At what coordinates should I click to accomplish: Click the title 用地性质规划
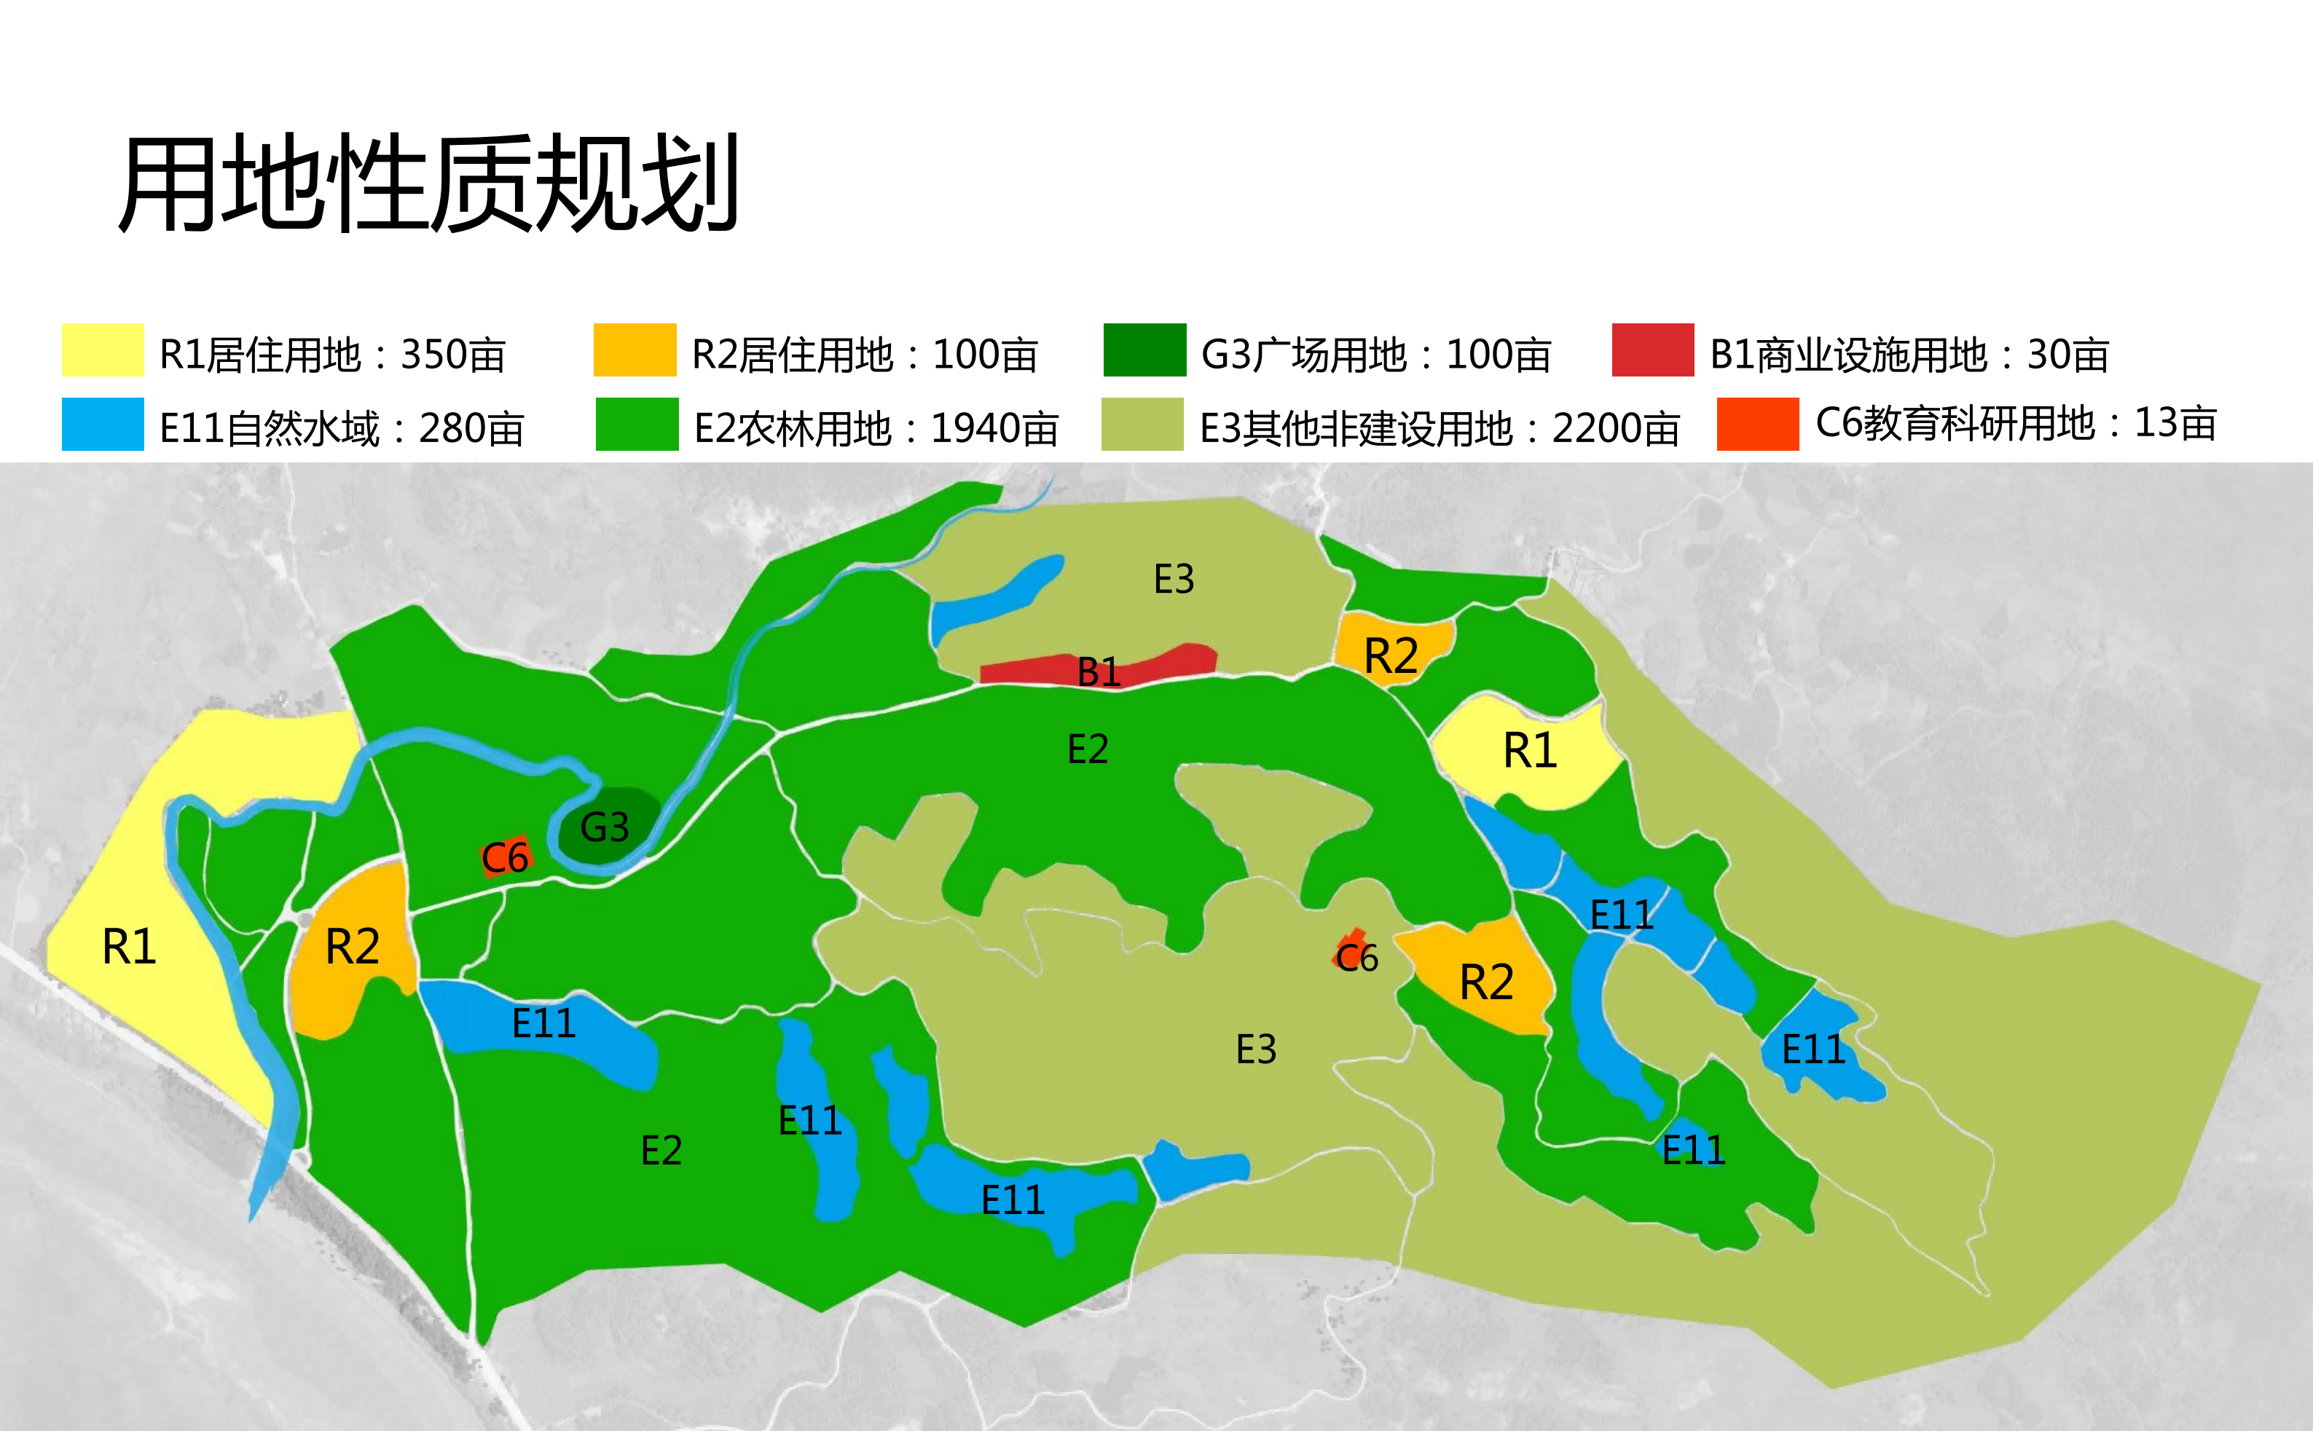pyautogui.click(x=428, y=184)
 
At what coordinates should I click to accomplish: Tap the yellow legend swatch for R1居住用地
pyautogui.click(x=102, y=350)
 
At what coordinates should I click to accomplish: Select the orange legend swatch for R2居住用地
pyautogui.click(x=635, y=350)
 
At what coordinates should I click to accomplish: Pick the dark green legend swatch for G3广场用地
pyautogui.click(x=1144, y=350)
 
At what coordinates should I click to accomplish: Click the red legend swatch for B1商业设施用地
pyautogui.click(x=1652, y=350)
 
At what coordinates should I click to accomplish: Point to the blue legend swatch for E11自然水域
pyautogui.click(x=102, y=424)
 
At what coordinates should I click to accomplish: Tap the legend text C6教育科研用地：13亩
pyautogui.click(x=2016, y=423)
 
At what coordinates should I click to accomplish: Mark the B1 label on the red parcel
pyautogui.click(x=1099, y=672)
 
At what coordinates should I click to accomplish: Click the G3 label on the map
pyautogui.click(x=604, y=827)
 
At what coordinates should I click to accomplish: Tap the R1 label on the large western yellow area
pyautogui.click(x=129, y=947)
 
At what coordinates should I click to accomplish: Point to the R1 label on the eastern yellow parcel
pyautogui.click(x=1530, y=751)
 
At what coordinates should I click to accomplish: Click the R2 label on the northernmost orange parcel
pyautogui.click(x=1391, y=656)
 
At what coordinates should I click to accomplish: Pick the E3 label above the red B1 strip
pyautogui.click(x=1174, y=579)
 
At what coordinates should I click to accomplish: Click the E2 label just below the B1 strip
pyautogui.click(x=1088, y=749)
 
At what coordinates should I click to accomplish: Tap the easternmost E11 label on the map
pyautogui.click(x=1813, y=1049)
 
